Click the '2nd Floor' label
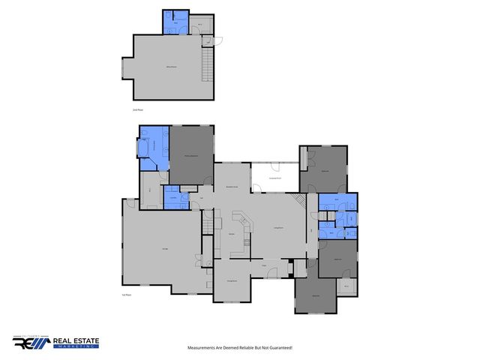tap(136, 110)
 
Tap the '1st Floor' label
tap(126, 295)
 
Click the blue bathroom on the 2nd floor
tap(173, 22)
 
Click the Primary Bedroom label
tap(191, 154)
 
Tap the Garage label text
tap(163, 248)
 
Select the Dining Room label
tap(232, 280)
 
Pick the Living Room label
tap(277, 227)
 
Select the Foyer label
tap(264, 265)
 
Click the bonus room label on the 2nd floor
tap(171, 68)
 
